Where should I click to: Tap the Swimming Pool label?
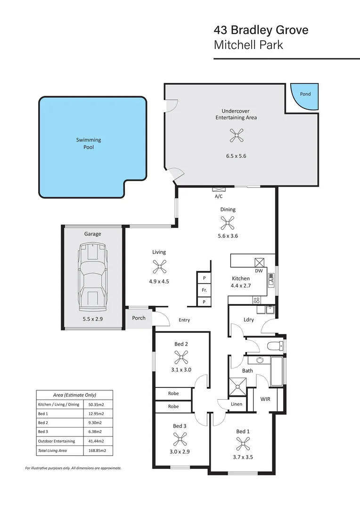(x=89, y=143)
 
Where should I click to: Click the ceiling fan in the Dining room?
(x=228, y=222)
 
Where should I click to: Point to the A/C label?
(x=219, y=196)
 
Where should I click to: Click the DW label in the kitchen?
(x=259, y=271)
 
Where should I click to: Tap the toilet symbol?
(x=274, y=347)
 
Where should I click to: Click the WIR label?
(x=265, y=399)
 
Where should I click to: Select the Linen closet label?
(x=237, y=404)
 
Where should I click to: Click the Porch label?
(x=139, y=318)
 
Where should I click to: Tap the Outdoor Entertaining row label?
(x=53, y=441)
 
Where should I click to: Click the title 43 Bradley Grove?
(x=261, y=31)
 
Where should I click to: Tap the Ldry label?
(x=249, y=320)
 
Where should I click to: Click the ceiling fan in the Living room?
(x=159, y=267)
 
